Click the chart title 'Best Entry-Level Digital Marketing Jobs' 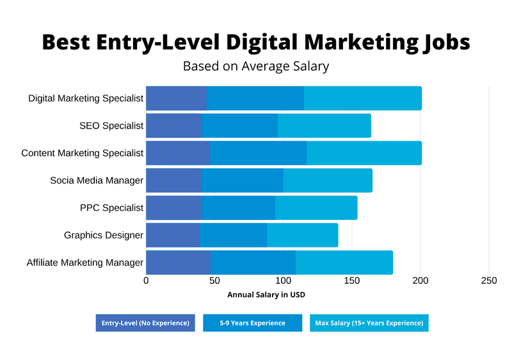point(256,42)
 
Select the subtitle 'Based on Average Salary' point(256,66)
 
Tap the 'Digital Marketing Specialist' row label point(86,98)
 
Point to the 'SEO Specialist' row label point(111,126)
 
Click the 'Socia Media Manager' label point(97,180)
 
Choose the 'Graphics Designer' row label point(103,235)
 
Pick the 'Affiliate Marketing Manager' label point(84,263)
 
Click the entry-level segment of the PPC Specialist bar point(173,208)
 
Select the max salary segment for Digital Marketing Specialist point(362,98)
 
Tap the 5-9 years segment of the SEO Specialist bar point(239,126)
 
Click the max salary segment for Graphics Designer point(302,235)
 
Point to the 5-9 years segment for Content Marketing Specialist point(258,153)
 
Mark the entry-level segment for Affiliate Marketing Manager point(178,263)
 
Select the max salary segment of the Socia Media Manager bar point(328,180)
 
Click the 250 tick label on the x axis point(489,281)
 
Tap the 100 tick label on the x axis point(284,281)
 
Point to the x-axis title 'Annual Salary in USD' point(266,295)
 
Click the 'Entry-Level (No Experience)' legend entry point(145,323)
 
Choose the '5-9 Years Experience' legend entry point(252,323)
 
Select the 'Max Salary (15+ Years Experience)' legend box point(369,323)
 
